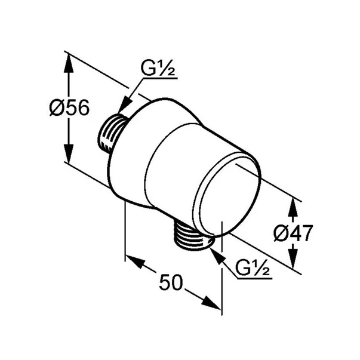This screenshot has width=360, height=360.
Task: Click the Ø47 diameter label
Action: [293, 233]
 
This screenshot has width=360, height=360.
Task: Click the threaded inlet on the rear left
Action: [109, 133]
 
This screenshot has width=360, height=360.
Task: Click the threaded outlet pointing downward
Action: [192, 235]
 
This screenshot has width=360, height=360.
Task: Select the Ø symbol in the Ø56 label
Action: [56, 109]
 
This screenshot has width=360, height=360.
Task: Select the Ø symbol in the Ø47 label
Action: [279, 233]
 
